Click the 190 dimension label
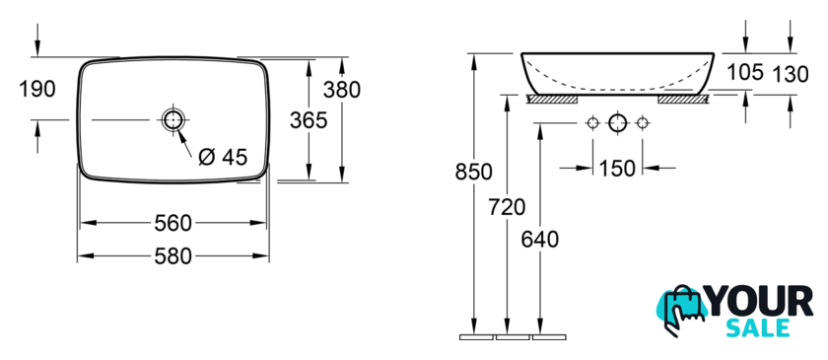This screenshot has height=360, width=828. (x=37, y=90)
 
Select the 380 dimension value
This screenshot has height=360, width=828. (x=342, y=90)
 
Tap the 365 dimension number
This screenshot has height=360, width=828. (x=309, y=120)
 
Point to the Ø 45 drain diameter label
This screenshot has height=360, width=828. (x=223, y=157)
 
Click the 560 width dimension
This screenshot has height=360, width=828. (x=172, y=223)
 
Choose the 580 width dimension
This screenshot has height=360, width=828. (x=172, y=256)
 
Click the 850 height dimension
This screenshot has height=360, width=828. (x=474, y=172)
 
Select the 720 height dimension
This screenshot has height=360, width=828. (x=507, y=207)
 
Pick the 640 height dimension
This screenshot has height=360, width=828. (x=540, y=240)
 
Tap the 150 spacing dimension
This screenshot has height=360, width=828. (x=617, y=168)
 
